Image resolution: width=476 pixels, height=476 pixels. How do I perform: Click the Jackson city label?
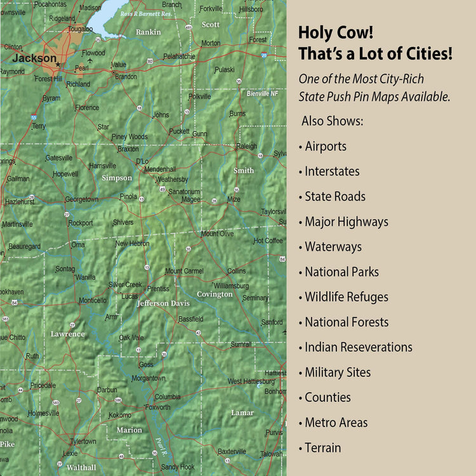34,58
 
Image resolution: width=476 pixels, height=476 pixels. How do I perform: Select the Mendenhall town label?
159,169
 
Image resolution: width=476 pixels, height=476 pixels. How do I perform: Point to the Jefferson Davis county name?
162,303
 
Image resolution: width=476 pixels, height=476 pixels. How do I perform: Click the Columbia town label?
168,397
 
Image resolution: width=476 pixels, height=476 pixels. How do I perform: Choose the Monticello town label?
93,300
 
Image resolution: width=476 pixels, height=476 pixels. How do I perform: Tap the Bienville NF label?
262,94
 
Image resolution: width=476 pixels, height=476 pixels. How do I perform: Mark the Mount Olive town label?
217,234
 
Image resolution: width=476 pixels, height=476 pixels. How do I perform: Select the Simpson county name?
117,178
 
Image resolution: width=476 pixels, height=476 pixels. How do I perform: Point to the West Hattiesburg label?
251,381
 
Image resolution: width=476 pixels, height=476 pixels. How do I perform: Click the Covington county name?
215,294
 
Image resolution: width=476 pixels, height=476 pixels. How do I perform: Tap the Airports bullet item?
325,146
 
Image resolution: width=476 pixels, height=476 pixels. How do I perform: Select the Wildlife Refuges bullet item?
346,297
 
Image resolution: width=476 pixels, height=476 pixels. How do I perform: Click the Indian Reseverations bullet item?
358,347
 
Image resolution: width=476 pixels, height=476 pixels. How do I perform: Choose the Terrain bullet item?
322,447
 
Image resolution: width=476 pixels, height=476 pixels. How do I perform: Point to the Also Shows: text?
332,121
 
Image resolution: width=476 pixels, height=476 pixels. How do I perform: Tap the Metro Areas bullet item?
336,423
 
